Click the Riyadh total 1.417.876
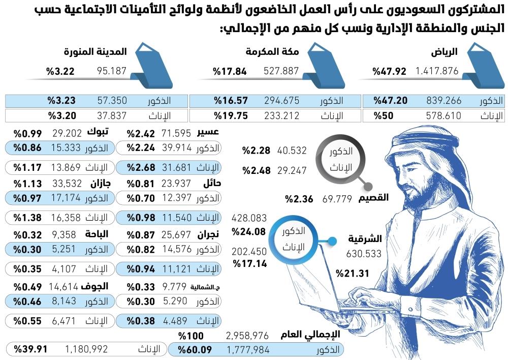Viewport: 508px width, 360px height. [437, 72]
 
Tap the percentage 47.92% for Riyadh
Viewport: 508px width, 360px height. [389, 72]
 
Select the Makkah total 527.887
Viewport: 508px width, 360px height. [281, 72]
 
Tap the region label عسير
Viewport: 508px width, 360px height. [209, 133]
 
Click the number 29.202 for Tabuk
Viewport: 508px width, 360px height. [67, 133]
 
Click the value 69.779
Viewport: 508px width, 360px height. [337, 199]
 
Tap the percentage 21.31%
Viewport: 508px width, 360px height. [352, 273]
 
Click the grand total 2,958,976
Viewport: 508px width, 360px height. [247, 336]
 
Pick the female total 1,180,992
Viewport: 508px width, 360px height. [86, 349]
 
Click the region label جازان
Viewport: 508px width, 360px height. [101, 184]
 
